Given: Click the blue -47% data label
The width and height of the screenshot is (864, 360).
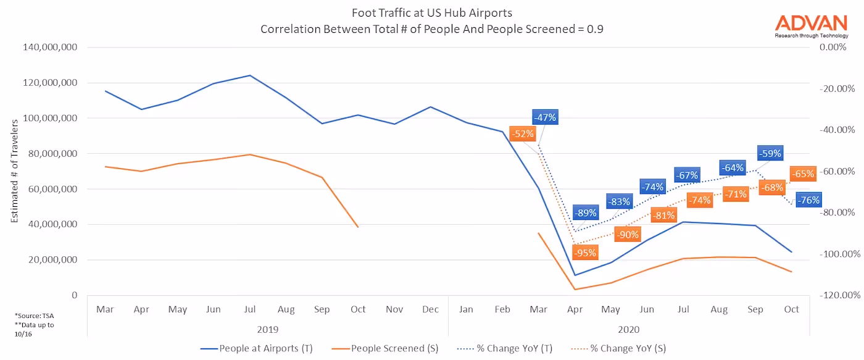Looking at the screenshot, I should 545,117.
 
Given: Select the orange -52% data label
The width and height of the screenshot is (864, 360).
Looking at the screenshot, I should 522,133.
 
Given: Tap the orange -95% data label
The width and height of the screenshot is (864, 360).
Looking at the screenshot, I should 584,253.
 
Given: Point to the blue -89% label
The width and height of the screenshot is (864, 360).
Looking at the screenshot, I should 585,213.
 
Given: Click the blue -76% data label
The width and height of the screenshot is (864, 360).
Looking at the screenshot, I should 808,200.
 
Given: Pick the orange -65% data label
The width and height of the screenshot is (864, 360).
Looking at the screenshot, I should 803,174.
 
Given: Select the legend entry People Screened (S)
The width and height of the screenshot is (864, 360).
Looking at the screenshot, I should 395,348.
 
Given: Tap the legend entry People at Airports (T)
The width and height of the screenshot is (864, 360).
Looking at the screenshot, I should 266,348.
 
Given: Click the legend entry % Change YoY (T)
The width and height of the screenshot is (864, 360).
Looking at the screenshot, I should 515,348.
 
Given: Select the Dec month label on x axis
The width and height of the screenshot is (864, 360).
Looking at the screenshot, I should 431,309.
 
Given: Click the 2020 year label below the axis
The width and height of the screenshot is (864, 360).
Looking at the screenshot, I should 628,329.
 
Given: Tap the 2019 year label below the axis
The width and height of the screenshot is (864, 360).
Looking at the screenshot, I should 268,329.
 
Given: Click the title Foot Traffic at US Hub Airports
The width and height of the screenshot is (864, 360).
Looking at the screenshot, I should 431,13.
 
